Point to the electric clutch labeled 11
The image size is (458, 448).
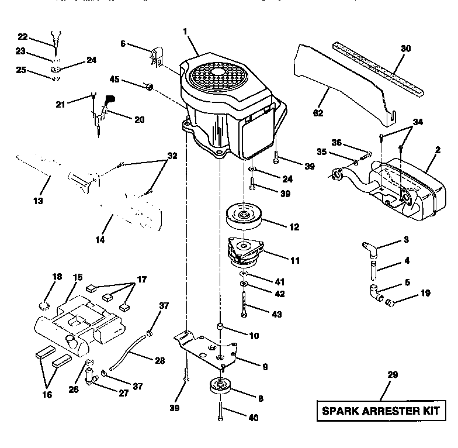[244, 251]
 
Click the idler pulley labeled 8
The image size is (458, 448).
[221, 387]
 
